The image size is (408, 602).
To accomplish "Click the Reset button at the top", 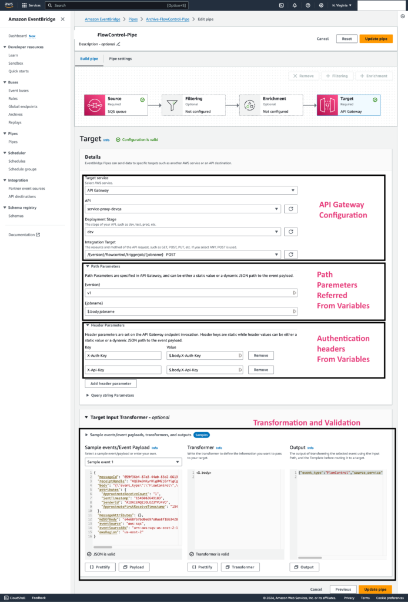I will pos(347,39).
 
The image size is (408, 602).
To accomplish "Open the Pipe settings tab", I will pos(121,59).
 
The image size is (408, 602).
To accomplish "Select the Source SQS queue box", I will pos(115,105).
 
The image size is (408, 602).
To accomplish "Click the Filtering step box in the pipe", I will pos(193,105).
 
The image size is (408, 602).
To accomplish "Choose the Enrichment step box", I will pos(271,105).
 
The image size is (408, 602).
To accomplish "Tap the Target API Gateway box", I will pos(348,105).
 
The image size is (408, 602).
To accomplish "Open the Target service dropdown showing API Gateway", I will pos(191,190).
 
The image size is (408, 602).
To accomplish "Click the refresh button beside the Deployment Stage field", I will pos(290,232).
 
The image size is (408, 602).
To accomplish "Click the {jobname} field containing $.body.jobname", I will pos(191,311).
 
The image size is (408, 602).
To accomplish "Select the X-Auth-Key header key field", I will pos(123,356).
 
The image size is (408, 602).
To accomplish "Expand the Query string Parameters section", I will pos(112,396).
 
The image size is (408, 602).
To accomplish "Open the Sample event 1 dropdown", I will pos(133,462).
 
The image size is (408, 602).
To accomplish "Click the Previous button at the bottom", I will pos(343,589).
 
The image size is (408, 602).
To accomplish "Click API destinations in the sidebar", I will pos(22,196).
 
